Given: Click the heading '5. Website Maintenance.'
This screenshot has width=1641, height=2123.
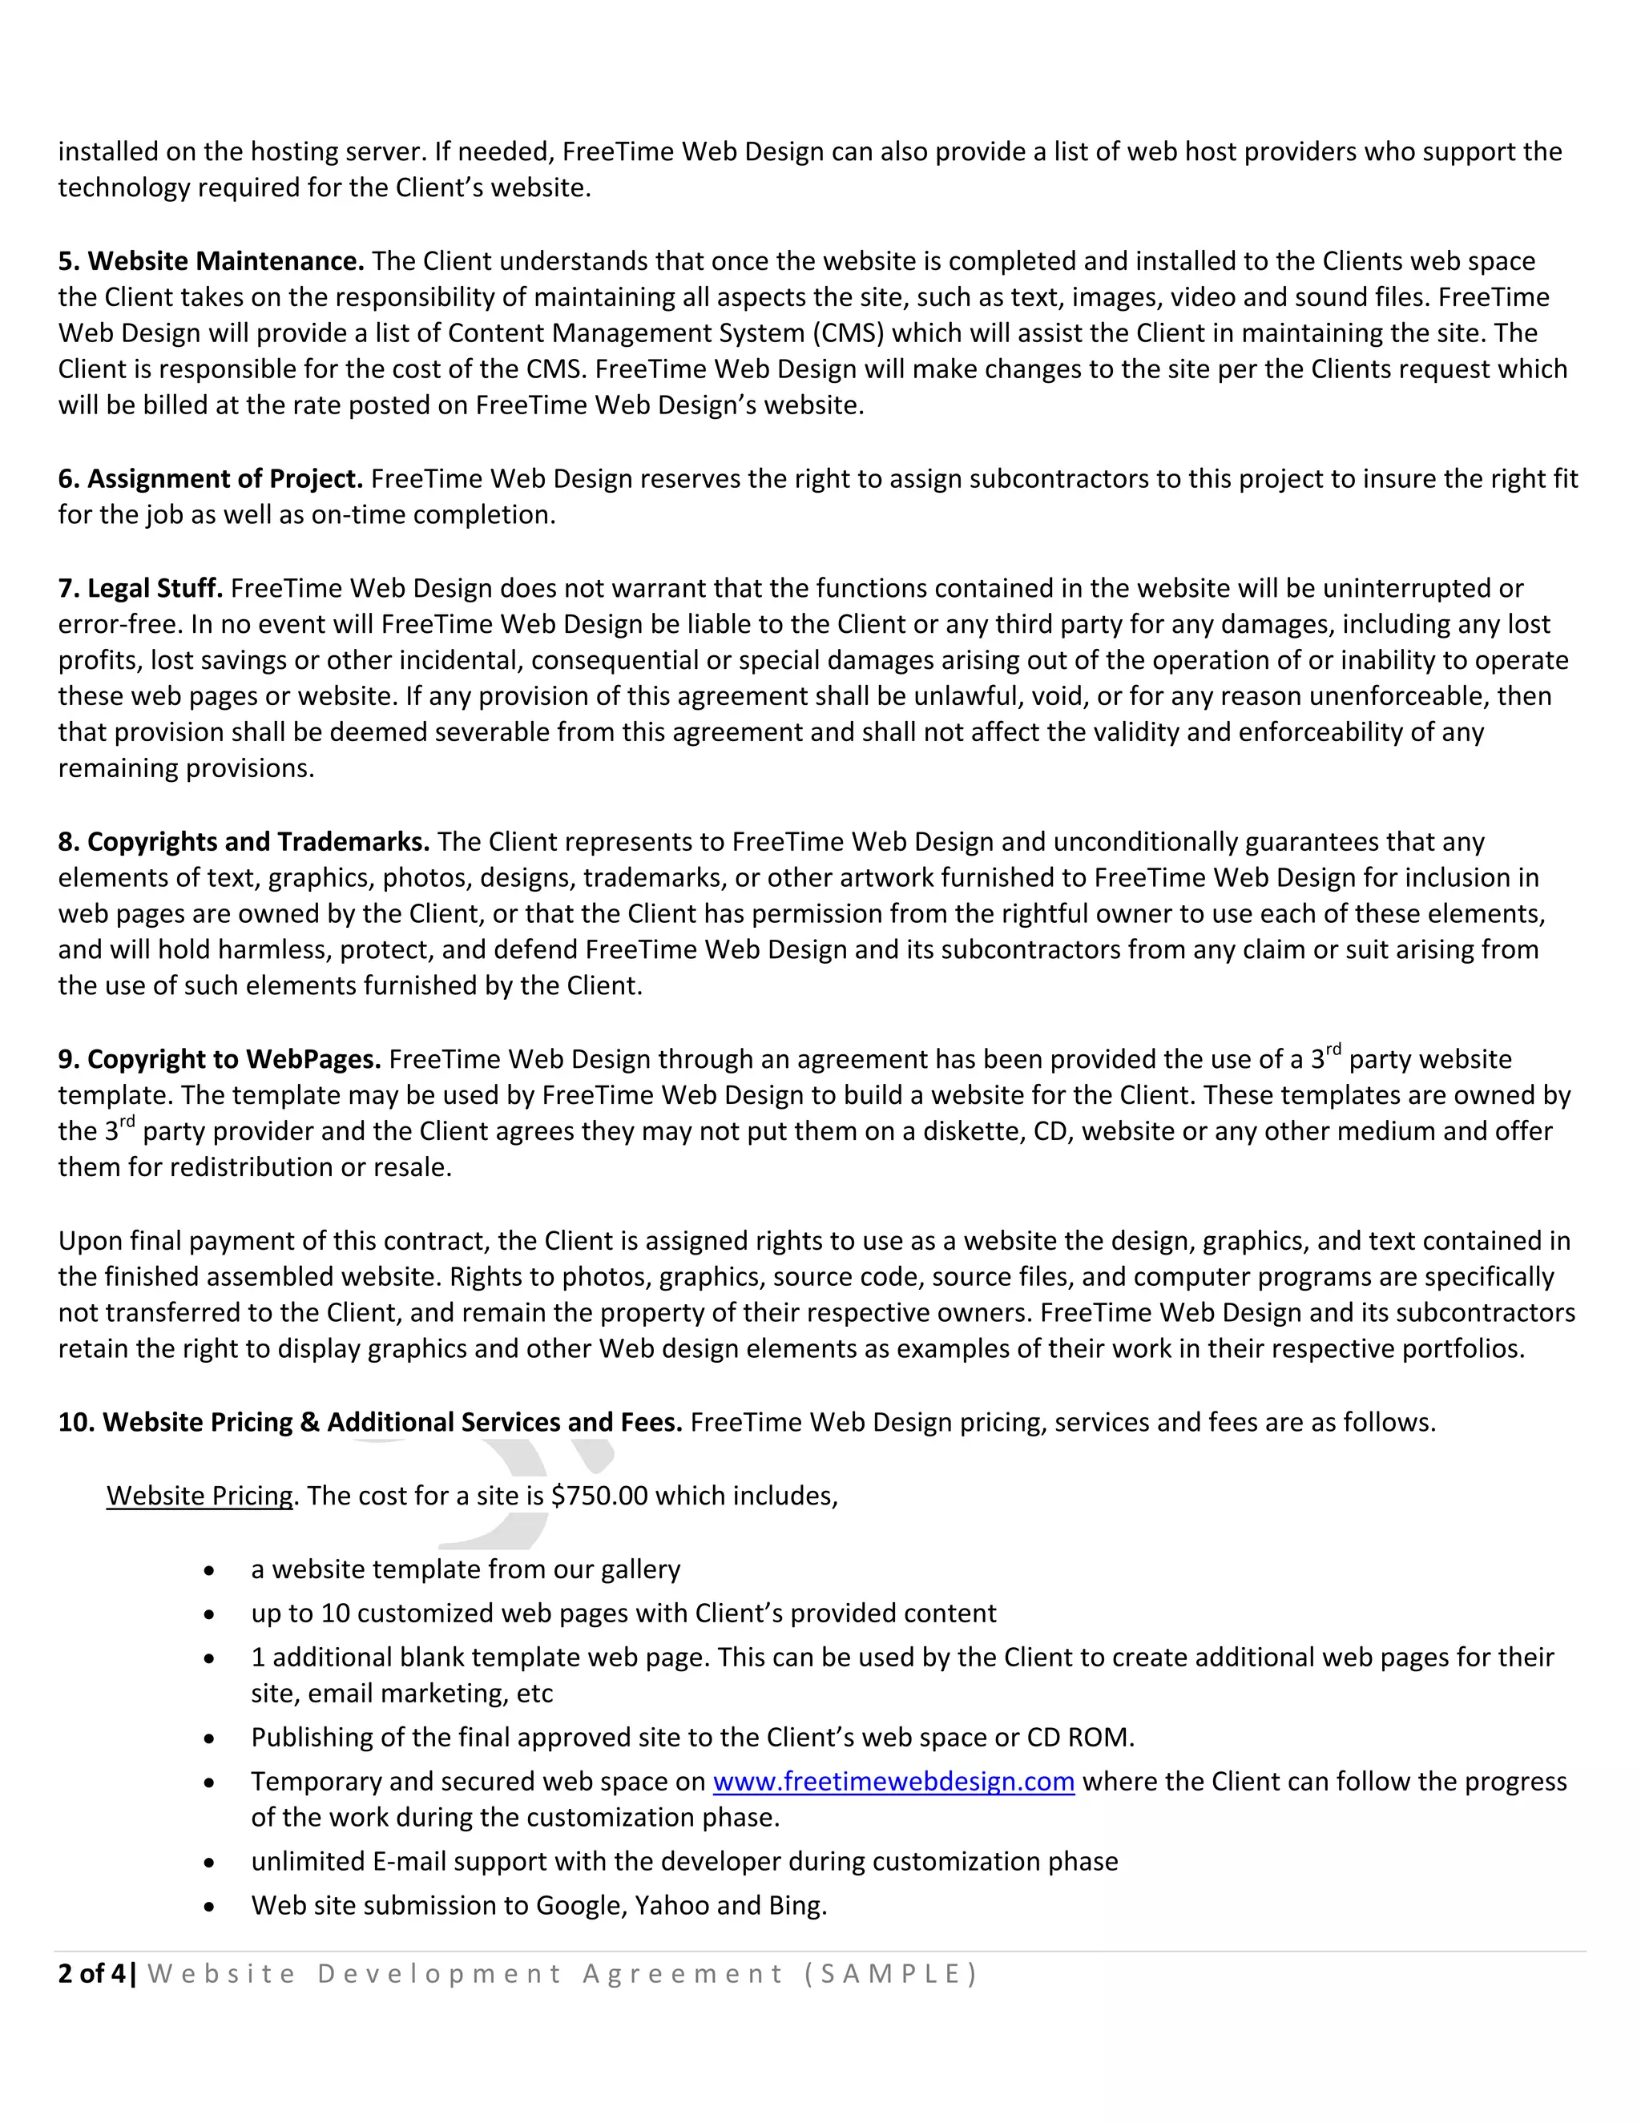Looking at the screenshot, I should (211, 261).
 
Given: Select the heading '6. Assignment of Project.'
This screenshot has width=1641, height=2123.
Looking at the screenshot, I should (210, 479).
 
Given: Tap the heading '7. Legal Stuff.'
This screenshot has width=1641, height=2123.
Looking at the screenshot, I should (140, 589).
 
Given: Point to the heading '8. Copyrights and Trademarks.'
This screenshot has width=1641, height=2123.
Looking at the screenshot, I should (243, 842).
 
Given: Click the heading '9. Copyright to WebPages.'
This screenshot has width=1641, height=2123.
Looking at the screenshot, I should (219, 1060).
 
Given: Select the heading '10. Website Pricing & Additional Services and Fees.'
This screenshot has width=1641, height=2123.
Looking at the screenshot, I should (369, 1423).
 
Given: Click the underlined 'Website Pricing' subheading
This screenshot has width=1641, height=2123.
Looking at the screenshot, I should (200, 1496).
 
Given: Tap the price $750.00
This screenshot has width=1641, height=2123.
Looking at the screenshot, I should (599, 1496).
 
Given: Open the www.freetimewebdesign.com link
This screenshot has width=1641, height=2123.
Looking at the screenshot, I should (893, 1782).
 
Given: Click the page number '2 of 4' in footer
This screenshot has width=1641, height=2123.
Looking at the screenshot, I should (91, 1974).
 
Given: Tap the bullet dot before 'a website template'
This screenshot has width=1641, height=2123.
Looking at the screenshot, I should (209, 1572).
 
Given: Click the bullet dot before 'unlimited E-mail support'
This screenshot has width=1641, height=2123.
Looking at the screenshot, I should (209, 1863).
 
